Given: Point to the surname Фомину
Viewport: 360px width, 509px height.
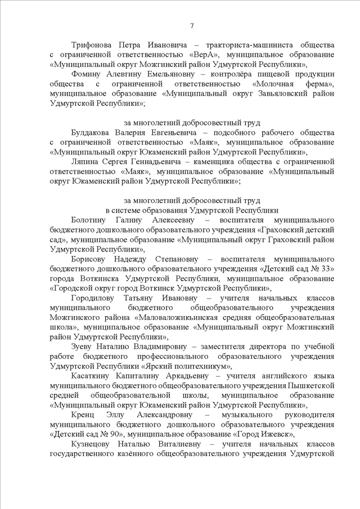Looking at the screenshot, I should coord(86,74).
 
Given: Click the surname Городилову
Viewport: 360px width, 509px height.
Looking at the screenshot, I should coord(95,299).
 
